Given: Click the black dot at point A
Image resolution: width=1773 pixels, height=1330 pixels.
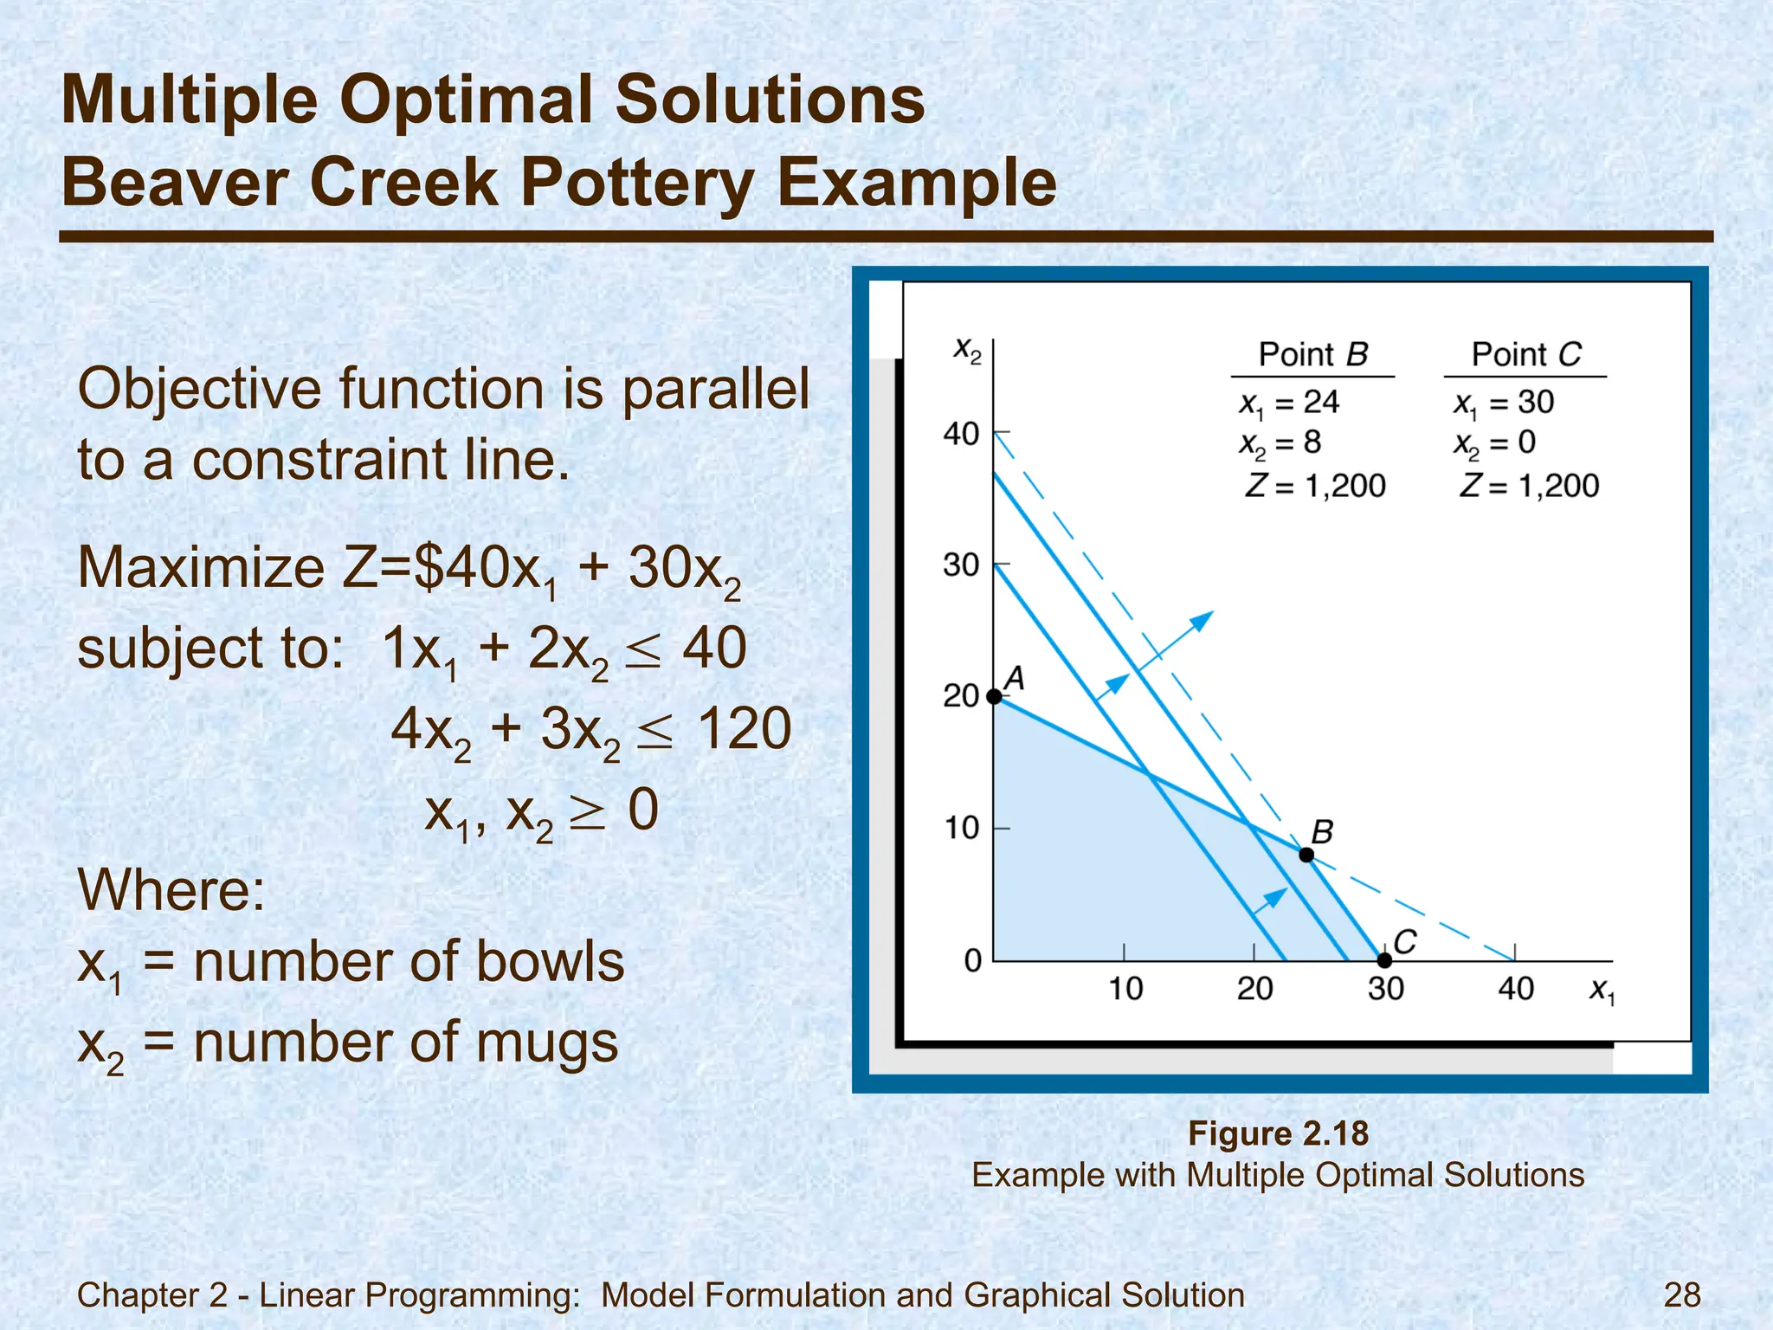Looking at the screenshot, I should (994, 696).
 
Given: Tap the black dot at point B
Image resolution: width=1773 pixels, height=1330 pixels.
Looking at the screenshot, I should (1306, 855).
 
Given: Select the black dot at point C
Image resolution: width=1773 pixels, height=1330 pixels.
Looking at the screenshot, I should (1384, 960).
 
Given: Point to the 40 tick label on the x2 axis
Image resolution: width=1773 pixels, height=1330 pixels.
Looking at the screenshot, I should (961, 433).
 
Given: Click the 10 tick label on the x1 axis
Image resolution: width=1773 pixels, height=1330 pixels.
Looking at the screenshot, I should (1125, 989).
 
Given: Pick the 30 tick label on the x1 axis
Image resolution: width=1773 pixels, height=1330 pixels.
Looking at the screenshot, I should (1385, 989).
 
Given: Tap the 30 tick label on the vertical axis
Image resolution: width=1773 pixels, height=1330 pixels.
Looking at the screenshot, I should (961, 565).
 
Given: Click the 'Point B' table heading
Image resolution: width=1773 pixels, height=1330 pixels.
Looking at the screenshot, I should (1312, 354).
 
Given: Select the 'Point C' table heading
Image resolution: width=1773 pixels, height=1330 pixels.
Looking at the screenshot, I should (1525, 354).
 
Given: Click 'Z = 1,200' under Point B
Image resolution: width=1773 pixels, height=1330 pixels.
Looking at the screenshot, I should (1315, 486).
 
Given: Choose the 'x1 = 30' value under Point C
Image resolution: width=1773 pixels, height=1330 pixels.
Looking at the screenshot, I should (1504, 403).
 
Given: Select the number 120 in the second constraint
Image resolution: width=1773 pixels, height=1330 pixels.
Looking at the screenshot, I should (744, 728).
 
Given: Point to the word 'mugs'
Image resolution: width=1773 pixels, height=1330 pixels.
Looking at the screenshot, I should (547, 1042).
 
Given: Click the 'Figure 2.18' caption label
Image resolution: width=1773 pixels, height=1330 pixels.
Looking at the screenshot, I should (1278, 1133).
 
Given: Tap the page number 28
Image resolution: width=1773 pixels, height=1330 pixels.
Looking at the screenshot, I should (1682, 1294).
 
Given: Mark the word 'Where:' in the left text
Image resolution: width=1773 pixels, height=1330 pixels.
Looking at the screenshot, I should (171, 889).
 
